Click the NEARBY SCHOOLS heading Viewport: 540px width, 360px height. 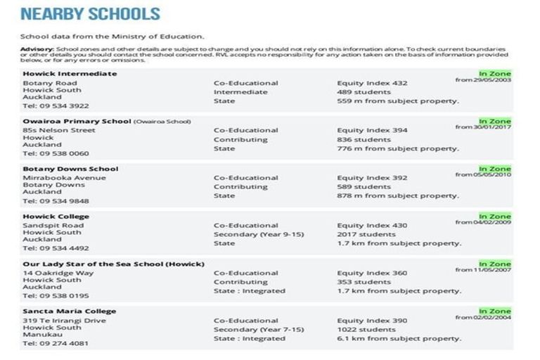click(x=90, y=14)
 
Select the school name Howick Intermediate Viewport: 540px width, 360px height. click(x=70, y=74)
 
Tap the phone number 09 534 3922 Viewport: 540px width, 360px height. click(x=56, y=106)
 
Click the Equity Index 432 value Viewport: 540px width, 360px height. click(x=372, y=83)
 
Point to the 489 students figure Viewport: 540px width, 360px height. click(x=364, y=92)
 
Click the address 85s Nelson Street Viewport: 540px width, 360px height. click(x=58, y=130)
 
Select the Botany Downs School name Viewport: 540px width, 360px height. click(x=70, y=169)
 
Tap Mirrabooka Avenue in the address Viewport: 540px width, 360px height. click(x=64, y=178)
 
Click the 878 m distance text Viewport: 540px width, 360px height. click(x=398, y=196)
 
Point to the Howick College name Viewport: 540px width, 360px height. click(x=56, y=217)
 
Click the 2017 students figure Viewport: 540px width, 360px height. click(x=366, y=235)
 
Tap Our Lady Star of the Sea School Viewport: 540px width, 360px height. click(x=113, y=264)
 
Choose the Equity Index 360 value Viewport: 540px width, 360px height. click(x=372, y=274)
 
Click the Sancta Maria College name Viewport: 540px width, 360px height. click(x=69, y=311)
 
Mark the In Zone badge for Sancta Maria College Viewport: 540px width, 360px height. click(x=494, y=311)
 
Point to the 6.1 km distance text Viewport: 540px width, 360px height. click(x=398, y=339)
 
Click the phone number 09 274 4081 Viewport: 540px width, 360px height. click(x=56, y=344)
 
